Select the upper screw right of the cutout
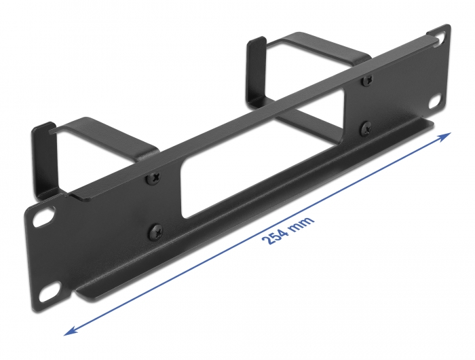(367, 80)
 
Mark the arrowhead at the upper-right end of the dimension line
(444, 137)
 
